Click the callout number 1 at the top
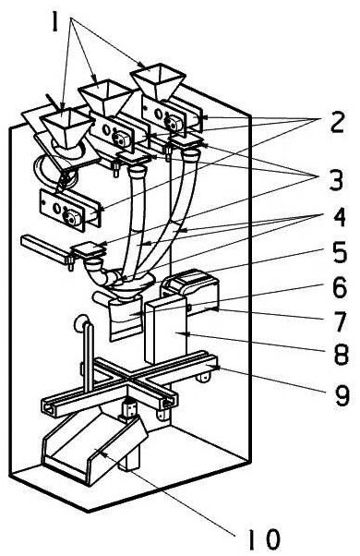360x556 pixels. click(x=54, y=21)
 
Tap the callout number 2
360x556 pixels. click(x=337, y=123)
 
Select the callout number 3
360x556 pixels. click(x=336, y=180)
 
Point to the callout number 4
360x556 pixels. click(x=338, y=217)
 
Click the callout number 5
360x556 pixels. click(x=339, y=252)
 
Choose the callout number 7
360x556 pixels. click(x=340, y=321)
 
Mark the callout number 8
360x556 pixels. click(x=341, y=355)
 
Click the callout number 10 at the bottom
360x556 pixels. click(x=264, y=539)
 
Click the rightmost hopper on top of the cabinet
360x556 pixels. click(x=158, y=80)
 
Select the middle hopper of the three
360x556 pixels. click(x=105, y=98)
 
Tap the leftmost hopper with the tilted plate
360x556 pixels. click(x=66, y=128)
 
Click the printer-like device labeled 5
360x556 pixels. click(x=190, y=291)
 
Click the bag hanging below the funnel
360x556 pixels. click(x=125, y=319)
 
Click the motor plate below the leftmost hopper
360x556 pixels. click(x=71, y=211)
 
